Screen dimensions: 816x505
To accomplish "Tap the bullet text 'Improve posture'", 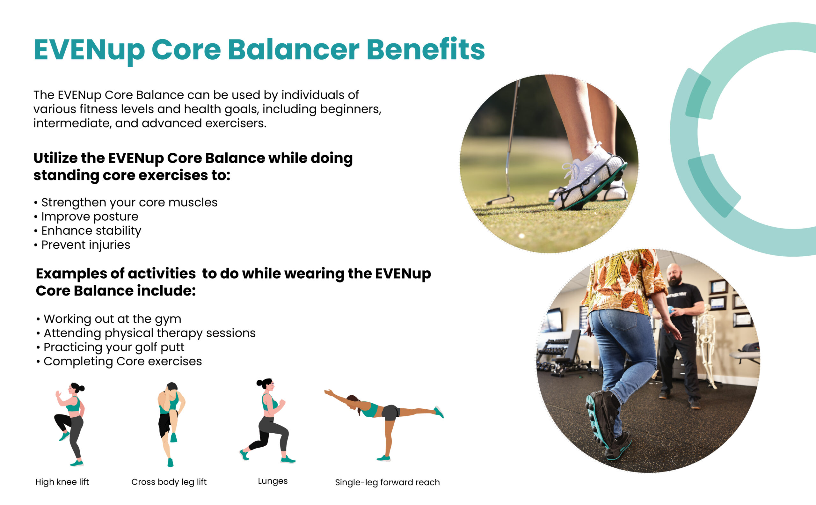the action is tap(90, 216).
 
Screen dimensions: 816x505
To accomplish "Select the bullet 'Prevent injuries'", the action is tap(85, 245).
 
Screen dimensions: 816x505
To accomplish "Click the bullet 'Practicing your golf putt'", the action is tap(114, 348).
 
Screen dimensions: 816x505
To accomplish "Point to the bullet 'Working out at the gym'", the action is tap(112, 319).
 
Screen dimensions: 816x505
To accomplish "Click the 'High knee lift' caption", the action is tap(62, 482).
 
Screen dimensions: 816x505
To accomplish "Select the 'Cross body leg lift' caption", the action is tap(169, 482).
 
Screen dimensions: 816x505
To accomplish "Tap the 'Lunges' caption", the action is tap(273, 481).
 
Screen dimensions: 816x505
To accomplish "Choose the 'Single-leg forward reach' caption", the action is tap(387, 482).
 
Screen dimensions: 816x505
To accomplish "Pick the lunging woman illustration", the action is tap(267, 421).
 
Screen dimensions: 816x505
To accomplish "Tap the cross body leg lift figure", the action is tap(171, 424).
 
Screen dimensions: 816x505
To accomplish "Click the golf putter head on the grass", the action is tap(500, 201).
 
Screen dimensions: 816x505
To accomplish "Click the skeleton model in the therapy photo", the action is tap(706, 346).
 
